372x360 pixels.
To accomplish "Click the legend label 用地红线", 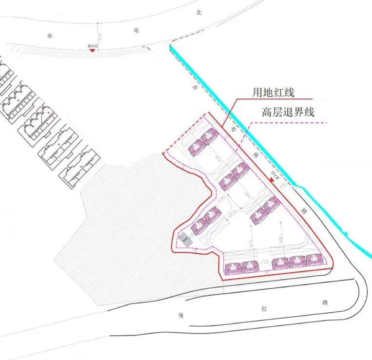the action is tap(273, 91).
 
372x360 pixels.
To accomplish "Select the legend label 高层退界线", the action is tap(288, 112).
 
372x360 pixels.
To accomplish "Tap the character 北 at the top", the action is tap(198, 14).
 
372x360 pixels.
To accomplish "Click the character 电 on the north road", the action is tap(136, 30).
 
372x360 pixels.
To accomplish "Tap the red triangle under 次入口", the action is tap(92, 51).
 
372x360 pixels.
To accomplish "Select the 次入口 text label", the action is tap(93, 46).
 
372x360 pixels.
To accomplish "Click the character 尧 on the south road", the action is tap(181, 315).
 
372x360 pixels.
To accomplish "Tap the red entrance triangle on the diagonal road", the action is tap(271, 179).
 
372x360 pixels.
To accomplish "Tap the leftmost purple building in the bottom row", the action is tap(233, 267).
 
